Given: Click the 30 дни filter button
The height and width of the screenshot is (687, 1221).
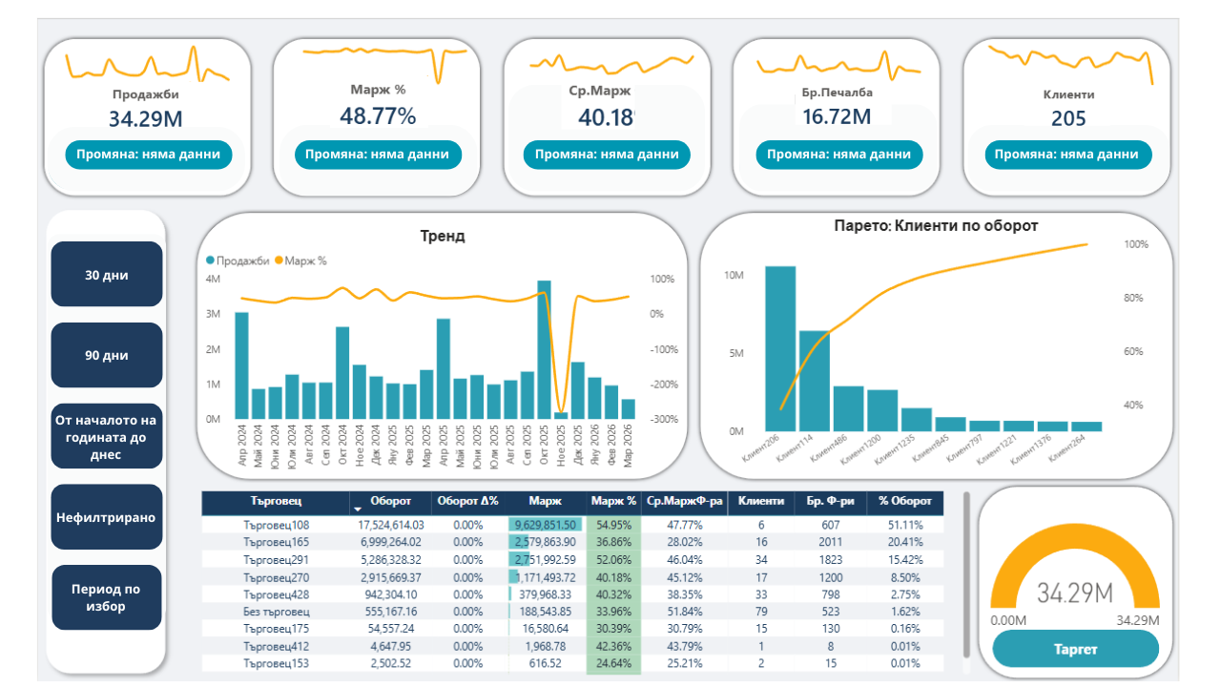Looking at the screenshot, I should pyautogui.click(x=106, y=275).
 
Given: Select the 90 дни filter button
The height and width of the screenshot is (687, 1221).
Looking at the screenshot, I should pyautogui.click(x=106, y=355).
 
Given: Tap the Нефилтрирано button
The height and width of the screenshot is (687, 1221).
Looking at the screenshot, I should pyautogui.click(x=106, y=517).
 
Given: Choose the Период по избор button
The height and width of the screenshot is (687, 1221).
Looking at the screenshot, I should pyautogui.click(x=106, y=597).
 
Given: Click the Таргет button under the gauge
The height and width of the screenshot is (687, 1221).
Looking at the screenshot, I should pyautogui.click(x=1075, y=650).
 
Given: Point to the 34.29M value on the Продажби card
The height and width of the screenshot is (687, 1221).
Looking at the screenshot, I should pyautogui.click(x=145, y=119).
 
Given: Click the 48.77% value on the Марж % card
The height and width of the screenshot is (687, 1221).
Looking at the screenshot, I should pyautogui.click(x=378, y=116).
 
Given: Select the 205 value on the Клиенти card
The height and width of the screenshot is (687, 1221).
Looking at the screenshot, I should pyautogui.click(x=1068, y=118).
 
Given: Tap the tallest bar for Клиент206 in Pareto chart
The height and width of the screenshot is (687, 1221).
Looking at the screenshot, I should pyautogui.click(x=780, y=348).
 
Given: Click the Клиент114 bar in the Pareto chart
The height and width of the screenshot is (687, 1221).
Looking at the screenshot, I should pyautogui.click(x=814, y=380).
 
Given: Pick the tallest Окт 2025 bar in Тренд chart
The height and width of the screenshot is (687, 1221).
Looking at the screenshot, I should pyautogui.click(x=544, y=349).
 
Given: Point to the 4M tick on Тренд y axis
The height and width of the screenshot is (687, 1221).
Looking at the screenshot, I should pyautogui.click(x=214, y=279).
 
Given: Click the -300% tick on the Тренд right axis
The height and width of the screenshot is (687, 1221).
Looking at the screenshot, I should pyautogui.click(x=664, y=419).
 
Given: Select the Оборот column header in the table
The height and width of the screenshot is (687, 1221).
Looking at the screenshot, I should pyautogui.click(x=390, y=501).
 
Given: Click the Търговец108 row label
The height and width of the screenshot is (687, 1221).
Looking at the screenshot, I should pyautogui.click(x=276, y=525).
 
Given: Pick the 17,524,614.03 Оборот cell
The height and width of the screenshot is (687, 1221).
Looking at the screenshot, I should pyautogui.click(x=390, y=525).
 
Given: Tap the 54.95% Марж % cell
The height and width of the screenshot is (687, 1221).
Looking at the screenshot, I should pyautogui.click(x=612, y=525).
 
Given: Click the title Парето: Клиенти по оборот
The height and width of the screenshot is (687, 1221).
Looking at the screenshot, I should pyautogui.click(x=935, y=226).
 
